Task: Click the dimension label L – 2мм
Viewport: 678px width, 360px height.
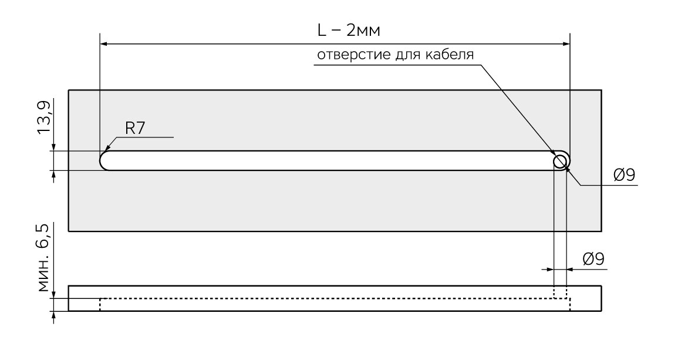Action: tap(349, 31)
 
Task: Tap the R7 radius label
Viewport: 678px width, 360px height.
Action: tap(135, 129)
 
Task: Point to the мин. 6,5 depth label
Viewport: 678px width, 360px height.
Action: tap(43, 257)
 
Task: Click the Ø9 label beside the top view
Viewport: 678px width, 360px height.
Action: tap(625, 175)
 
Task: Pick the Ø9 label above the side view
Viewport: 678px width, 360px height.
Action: tap(593, 259)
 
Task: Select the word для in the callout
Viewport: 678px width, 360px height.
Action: tap(408, 55)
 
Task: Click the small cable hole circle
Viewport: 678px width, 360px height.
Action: tap(561, 162)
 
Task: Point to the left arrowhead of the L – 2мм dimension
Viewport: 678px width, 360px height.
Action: tap(104, 43)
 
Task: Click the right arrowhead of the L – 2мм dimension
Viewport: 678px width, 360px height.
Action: tap(565, 43)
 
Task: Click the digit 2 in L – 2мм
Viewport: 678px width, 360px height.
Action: tap(351, 31)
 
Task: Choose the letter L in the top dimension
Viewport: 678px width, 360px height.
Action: tap(321, 31)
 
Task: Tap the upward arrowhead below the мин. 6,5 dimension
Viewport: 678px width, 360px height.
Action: tap(53, 317)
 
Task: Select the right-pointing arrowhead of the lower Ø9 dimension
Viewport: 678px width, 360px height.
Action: tap(549, 269)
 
